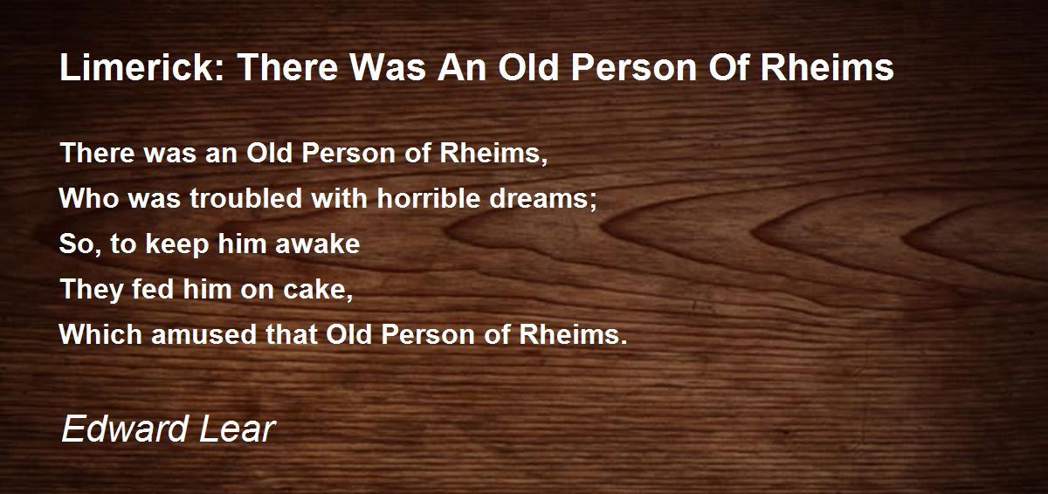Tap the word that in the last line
(293, 335)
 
